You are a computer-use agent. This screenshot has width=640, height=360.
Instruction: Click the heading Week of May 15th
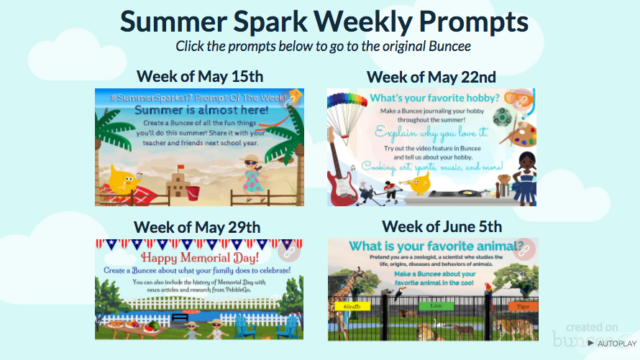[x=200, y=76]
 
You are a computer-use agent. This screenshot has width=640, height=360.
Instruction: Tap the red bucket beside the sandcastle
[x=193, y=193]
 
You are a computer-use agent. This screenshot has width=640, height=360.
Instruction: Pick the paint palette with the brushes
[x=523, y=134]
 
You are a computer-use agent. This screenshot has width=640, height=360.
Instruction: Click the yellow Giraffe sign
[x=352, y=306]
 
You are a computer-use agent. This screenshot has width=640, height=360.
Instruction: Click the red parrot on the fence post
[x=490, y=288]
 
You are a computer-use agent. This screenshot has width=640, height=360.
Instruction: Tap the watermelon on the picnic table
[x=150, y=326]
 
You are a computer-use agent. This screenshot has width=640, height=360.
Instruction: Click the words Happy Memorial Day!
[x=199, y=257]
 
